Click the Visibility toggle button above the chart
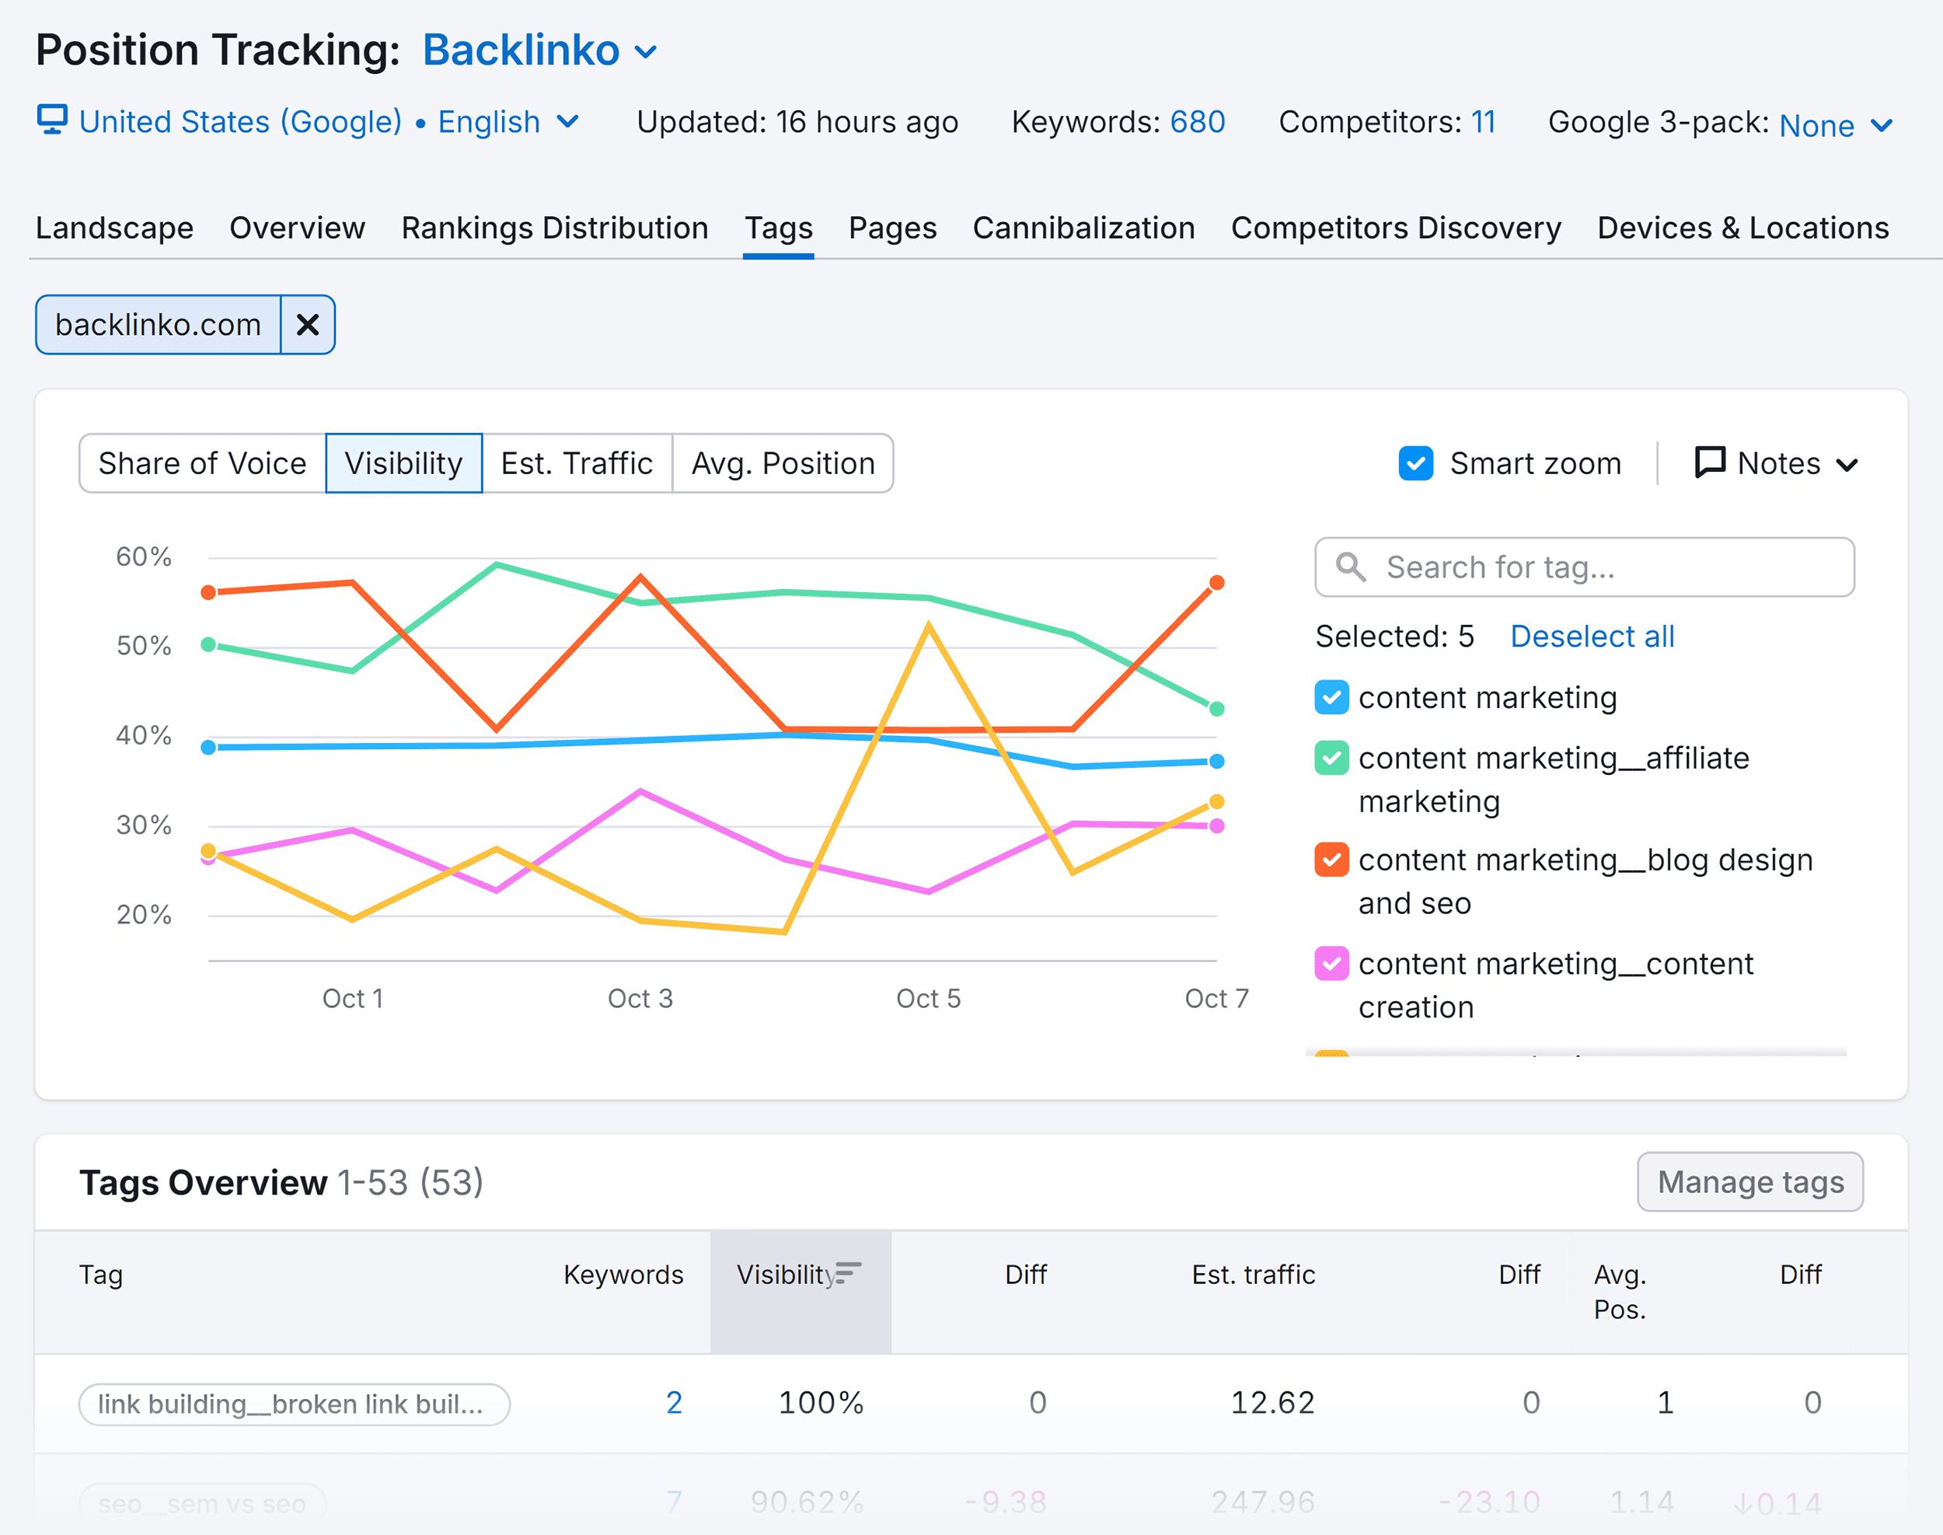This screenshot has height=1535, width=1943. pos(403,464)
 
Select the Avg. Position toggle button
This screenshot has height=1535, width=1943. pos(782,464)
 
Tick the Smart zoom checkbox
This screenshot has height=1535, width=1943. pos(1415,464)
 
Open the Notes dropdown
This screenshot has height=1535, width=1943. pos(1776,464)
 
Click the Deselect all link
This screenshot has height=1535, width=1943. pos(1592,637)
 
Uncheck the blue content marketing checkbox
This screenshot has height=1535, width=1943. pos(1331,697)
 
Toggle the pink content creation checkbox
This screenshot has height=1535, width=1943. pos(1331,964)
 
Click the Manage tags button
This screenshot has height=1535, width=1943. pos(1749,1182)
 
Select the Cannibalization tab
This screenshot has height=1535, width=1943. pos(1083,229)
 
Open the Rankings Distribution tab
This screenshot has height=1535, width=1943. pos(554,229)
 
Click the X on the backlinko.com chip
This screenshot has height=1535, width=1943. pos(307,324)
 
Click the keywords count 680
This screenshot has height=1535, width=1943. pos(1197,122)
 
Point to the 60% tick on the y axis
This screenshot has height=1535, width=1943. pos(144,557)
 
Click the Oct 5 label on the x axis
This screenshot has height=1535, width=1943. pos(928,999)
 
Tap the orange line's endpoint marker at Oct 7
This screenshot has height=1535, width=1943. pos(1216,582)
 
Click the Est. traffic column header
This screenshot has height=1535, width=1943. pos(1253,1275)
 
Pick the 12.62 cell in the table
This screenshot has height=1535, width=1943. pos(1271,1403)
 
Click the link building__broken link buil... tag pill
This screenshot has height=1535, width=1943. pos(294,1404)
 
